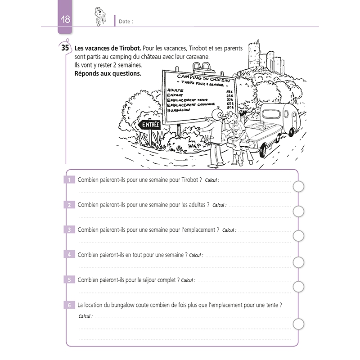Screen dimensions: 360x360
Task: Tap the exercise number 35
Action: (65, 48)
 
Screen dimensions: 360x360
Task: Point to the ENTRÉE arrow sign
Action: (150, 125)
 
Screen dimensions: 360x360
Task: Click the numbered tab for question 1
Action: (70, 180)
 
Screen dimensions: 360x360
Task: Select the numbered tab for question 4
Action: (70, 255)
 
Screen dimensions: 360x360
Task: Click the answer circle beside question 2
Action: (298, 211)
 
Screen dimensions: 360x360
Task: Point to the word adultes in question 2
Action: (196, 205)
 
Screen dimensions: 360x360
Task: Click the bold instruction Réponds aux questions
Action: (107, 74)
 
